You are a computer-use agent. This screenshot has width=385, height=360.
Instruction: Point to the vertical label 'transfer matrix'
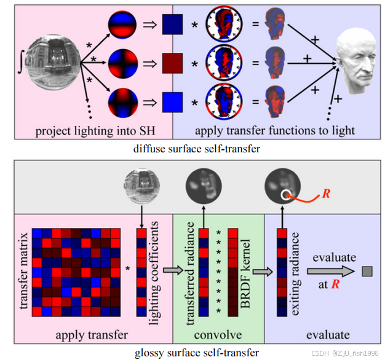[x=24, y=270]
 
